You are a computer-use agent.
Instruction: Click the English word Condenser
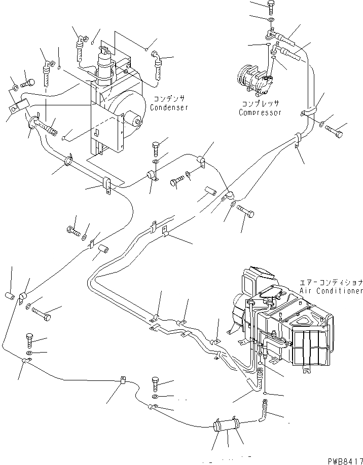pyautogui.click(x=169, y=107)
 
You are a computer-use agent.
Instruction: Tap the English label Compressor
pyautogui.click(x=260, y=112)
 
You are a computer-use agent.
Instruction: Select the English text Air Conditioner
pyautogui.click(x=331, y=291)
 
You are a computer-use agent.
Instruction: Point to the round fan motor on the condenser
pyautogui.click(x=134, y=120)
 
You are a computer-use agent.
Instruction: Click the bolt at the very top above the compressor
pyautogui.click(x=270, y=7)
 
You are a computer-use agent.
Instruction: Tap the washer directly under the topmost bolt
pyautogui.click(x=271, y=21)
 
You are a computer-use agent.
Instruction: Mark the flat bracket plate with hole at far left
pyautogui.click(x=20, y=106)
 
